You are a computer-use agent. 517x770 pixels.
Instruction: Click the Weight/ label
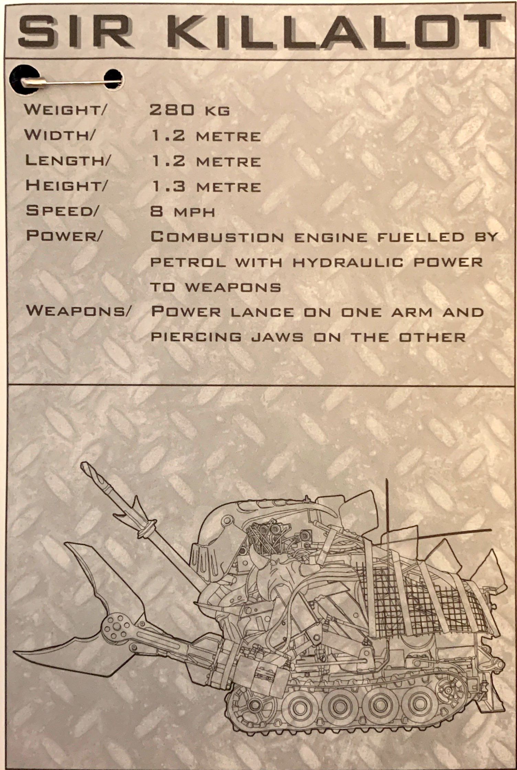pos(65,110)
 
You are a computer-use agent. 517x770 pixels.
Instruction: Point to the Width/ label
pos(58,135)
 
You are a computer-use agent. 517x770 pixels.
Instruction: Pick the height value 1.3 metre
pos(206,187)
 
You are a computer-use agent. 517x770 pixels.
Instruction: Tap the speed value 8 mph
pos(183,211)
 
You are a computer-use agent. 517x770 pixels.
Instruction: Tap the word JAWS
pos(277,337)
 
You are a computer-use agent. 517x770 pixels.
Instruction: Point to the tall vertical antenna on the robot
pos(387,516)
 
